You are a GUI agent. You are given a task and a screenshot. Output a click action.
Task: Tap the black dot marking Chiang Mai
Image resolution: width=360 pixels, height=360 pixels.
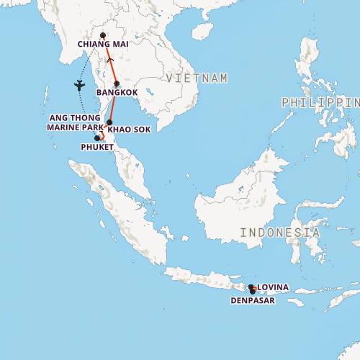click(x=103, y=35)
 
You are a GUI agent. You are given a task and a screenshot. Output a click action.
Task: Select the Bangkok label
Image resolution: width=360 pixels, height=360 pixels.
click(x=117, y=93)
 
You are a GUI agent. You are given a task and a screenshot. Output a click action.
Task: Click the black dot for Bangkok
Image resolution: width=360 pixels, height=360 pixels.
click(x=117, y=84)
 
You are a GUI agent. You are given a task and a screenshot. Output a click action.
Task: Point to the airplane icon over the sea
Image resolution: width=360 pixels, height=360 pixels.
click(x=78, y=86)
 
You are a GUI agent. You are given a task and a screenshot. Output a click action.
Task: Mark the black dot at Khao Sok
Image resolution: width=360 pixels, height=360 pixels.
click(x=109, y=122)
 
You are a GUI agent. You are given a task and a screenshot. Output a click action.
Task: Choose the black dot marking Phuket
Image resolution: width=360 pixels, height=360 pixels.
click(x=98, y=138)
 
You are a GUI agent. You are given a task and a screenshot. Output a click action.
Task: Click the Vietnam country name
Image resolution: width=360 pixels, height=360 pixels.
click(x=197, y=78)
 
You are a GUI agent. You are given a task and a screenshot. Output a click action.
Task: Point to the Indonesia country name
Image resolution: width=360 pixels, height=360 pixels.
click(x=280, y=233)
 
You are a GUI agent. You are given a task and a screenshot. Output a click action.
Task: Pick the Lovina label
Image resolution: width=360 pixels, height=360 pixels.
click(x=273, y=287)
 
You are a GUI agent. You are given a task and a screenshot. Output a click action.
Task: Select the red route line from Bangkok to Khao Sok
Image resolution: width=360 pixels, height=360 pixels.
click(x=114, y=102)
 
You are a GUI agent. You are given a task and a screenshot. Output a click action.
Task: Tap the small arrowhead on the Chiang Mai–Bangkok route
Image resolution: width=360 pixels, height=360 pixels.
click(x=109, y=60)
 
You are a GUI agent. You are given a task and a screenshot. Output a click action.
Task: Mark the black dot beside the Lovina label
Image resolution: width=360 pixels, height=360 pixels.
click(x=251, y=287)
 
